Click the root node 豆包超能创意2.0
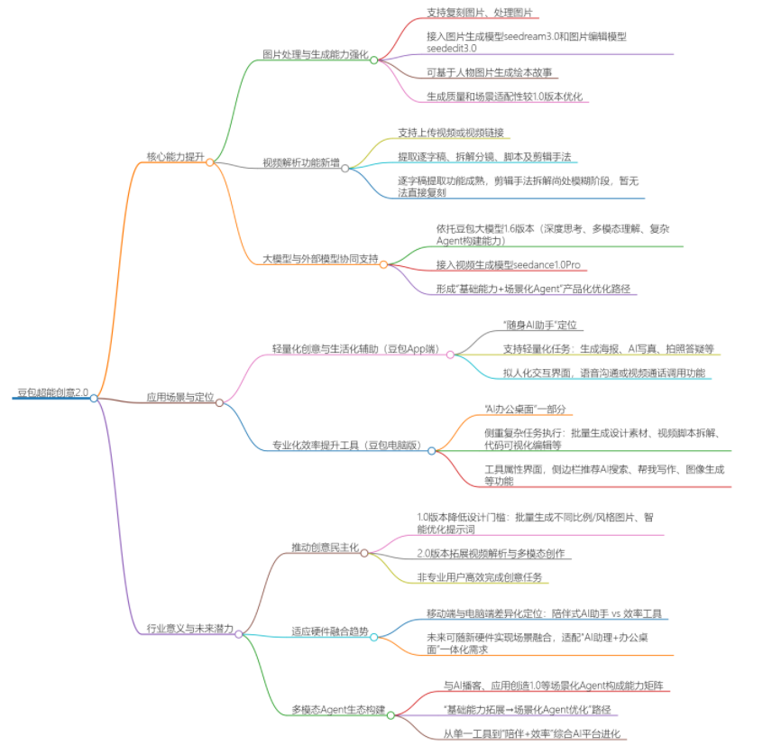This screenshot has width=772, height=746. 51,392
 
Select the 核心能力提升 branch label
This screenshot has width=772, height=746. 175,156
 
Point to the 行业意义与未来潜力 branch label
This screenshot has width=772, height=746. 189,628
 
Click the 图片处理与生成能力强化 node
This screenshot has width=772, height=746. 315,54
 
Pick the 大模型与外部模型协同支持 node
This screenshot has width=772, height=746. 319,259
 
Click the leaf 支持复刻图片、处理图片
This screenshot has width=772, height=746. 479,14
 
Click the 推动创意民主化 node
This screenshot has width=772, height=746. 325,548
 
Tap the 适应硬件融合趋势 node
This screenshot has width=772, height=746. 329,631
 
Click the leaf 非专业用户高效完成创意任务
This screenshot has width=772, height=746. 480,577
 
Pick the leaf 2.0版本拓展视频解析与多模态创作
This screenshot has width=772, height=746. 491,553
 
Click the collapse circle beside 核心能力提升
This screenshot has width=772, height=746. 210,162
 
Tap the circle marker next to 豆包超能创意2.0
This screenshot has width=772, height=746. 94,398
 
